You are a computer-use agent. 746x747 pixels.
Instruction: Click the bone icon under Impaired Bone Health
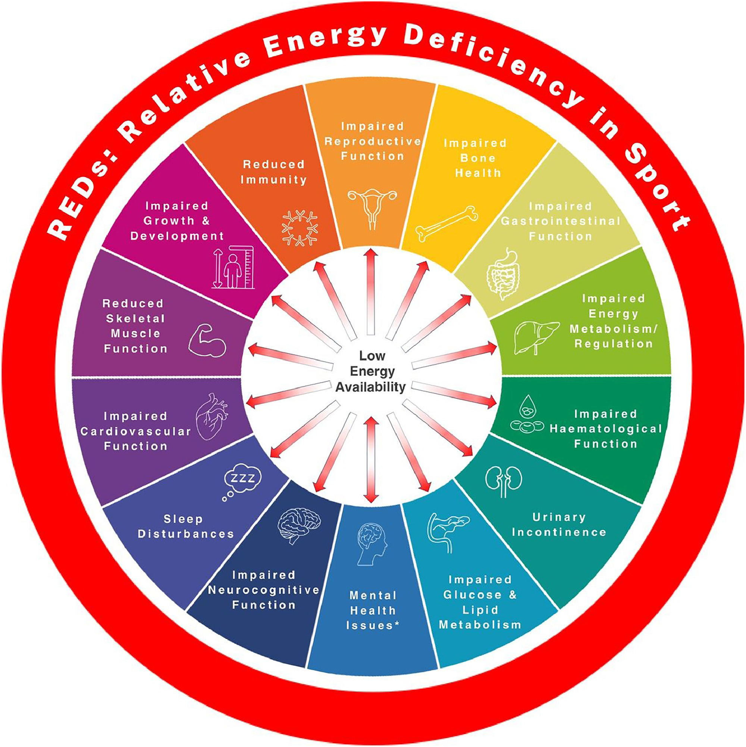[x=447, y=224]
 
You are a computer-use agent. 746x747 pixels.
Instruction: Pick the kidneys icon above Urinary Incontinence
[x=504, y=481]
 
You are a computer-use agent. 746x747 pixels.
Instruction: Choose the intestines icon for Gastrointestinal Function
[x=502, y=274]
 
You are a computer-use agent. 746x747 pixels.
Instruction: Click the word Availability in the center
[x=370, y=387]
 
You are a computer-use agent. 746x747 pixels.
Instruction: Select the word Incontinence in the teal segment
[x=559, y=532]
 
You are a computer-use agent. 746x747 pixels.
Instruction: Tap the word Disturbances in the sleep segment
[x=186, y=534]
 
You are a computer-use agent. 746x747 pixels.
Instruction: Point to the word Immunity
[x=274, y=180]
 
